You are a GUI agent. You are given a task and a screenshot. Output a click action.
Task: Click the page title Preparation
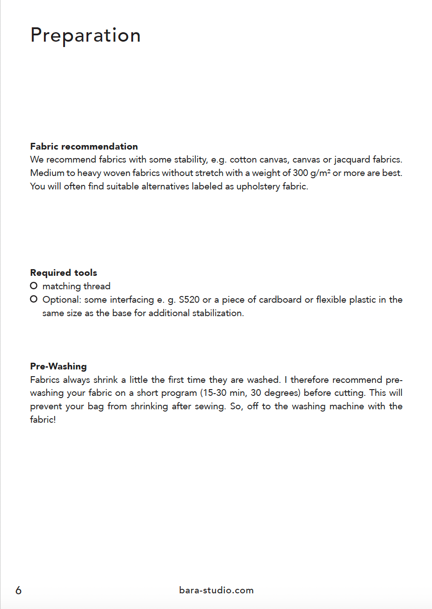(x=86, y=35)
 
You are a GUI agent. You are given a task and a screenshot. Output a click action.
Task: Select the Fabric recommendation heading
(x=84, y=146)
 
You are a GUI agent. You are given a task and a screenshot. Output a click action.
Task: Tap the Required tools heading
(x=64, y=273)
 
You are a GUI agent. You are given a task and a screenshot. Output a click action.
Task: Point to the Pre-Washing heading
(x=58, y=366)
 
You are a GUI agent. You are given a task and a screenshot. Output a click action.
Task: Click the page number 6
(x=18, y=590)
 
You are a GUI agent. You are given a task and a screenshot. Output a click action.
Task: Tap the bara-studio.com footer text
(x=216, y=590)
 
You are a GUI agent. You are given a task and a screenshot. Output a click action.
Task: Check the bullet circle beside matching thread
(x=34, y=286)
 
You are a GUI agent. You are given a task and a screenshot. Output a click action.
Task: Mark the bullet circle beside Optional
(x=34, y=299)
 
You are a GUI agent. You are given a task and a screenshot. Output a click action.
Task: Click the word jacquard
(x=352, y=160)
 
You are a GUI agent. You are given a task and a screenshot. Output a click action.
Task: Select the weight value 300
(x=300, y=173)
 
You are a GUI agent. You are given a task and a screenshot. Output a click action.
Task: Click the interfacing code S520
(x=189, y=300)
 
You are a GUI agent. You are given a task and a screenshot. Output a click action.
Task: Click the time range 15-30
(x=215, y=393)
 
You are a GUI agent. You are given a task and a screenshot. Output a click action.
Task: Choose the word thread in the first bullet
(x=97, y=286)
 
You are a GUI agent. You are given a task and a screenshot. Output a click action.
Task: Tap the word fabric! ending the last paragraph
(x=43, y=420)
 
